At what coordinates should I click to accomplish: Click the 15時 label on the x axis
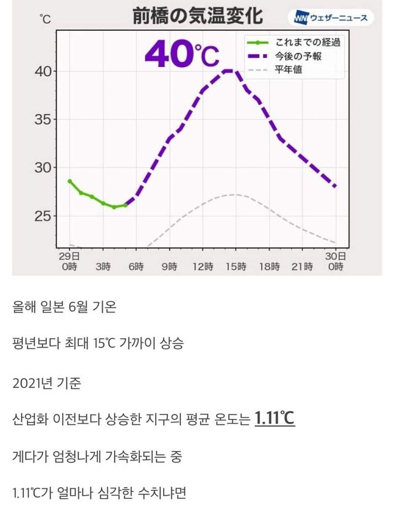point(236,267)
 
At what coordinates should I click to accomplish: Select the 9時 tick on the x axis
point(170,267)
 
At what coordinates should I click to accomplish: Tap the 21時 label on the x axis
point(302,267)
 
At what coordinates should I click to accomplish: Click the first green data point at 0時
point(70,181)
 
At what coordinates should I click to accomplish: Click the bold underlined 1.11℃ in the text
point(275,420)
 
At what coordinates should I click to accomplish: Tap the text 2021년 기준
point(46,383)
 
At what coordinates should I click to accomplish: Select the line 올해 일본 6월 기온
point(64,306)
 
